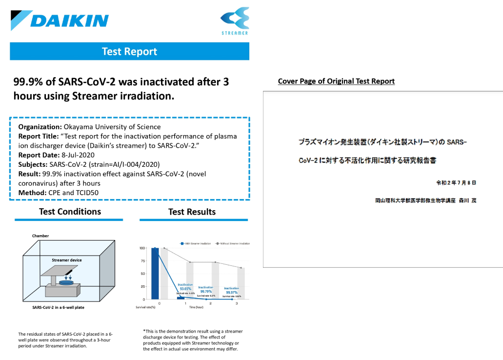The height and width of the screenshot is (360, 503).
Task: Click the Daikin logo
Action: (60, 20)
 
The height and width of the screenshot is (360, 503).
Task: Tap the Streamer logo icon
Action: (235, 18)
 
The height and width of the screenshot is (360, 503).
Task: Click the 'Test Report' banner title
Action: (129, 51)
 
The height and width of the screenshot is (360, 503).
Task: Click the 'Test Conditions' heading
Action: (70, 211)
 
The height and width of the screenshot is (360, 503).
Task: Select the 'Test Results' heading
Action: (192, 212)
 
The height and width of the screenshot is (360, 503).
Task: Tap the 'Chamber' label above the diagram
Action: (40, 236)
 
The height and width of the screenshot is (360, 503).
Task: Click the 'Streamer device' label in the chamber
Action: (67, 260)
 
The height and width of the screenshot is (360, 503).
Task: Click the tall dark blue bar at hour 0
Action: (155, 273)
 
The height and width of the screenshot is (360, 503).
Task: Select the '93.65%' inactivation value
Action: (185, 288)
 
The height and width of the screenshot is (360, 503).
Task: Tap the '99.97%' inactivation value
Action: (232, 292)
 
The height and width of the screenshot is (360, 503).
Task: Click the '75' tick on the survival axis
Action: (142, 261)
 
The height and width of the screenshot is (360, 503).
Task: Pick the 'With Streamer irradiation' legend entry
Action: (196, 243)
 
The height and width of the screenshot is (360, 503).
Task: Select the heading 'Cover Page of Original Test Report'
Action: (336, 81)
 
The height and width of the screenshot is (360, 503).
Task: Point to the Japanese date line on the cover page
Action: (456, 182)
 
